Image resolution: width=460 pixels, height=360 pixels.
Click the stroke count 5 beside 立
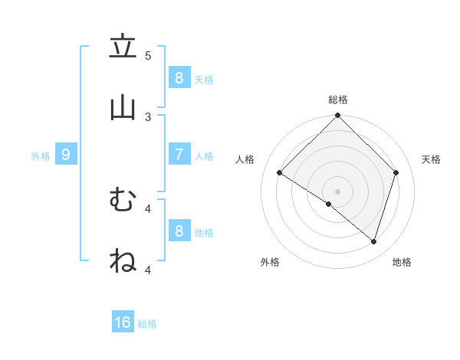tap(148, 56)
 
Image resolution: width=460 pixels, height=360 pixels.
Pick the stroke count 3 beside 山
tap(148, 117)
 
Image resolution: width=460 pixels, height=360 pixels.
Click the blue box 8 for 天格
tap(179, 77)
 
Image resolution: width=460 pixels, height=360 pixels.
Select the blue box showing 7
tap(179, 154)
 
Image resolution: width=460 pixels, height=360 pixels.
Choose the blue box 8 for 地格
tap(179, 231)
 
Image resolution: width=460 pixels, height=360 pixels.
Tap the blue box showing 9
tap(66, 154)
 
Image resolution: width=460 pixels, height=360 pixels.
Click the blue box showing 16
tap(123, 322)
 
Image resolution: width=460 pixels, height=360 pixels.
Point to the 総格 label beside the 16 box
tap(147, 324)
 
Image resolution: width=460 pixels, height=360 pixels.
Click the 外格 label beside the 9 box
tap(41, 156)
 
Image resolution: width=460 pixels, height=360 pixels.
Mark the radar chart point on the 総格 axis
tap(337, 116)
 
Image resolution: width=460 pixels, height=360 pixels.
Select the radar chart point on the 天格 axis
tap(396, 172)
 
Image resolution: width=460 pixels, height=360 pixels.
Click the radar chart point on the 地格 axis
tap(373, 241)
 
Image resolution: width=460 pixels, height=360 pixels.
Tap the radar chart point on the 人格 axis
tap(280, 173)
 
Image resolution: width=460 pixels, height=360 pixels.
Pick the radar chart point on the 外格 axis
tap(329, 204)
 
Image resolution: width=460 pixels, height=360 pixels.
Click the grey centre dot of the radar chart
tap(337, 191)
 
